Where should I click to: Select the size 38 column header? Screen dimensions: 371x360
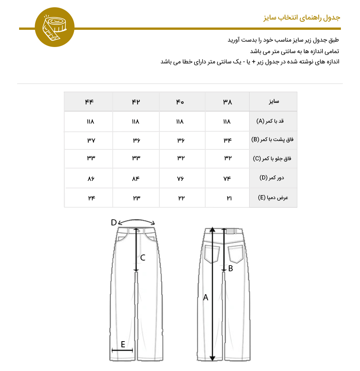[x=227, y=102]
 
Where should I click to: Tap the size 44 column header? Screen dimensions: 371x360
[x=89, y=102]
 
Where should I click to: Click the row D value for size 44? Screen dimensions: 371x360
[x=91, y=178]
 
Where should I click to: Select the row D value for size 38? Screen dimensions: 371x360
[x=227, y=178]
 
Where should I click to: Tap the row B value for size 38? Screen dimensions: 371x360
[x=227, y=140]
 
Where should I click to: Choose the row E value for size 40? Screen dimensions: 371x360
[x=180, y=198]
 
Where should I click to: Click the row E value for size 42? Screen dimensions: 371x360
[x=136, y=198]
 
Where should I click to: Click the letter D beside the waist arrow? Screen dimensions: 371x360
[x=114, y=223]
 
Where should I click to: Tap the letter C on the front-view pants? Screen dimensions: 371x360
[x=143, y=258]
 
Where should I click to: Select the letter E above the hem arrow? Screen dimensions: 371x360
[x=123, y=345]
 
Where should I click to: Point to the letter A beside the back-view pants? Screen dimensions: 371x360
[x=206, y=297]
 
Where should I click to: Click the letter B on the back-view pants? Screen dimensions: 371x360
[x=230, y=269]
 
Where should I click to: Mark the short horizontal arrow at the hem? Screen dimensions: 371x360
[x=122, y=350]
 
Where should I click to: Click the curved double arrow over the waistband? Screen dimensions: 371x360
[x=137, y=222]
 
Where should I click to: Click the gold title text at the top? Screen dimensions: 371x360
[x=302, y=18]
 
